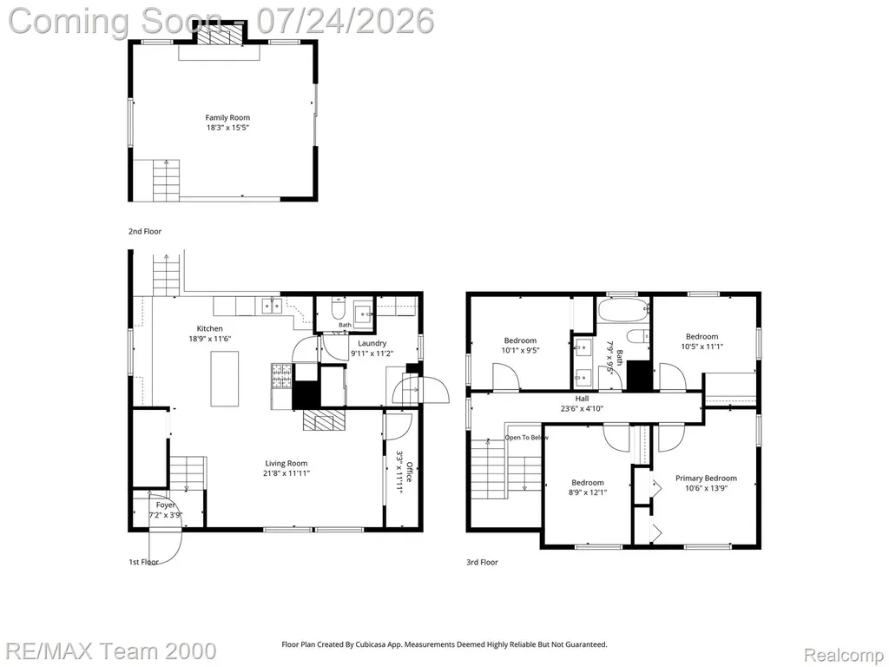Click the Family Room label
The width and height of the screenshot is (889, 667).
click(x=227, y=117)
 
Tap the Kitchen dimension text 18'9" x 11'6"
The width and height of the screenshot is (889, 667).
click(x=210, y=339)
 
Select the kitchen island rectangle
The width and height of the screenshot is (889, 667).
click(x=225, y=379)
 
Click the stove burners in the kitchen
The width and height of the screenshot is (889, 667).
click(x=280, y=375)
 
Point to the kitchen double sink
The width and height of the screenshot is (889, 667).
click(x=272, y=307)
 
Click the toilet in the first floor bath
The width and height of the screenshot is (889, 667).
click(x=338, y=308)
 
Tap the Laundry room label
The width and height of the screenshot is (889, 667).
click(x=372, y=343)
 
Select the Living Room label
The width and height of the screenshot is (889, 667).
click(x=286, y=464)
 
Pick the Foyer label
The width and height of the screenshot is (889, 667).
click(x=166, y=505)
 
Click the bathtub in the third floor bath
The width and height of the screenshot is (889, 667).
click(x=622, y=310)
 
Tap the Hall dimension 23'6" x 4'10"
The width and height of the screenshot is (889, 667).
click(x=582, y=408)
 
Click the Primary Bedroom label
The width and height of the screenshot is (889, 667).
click(x=706, y=479)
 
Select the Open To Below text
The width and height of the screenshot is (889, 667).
click(x=527, y=438)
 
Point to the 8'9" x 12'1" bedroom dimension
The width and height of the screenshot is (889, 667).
click(x=588, y=492)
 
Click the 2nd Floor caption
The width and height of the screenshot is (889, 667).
click(x=145, y=231)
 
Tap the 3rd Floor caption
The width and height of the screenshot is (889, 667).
click(x=482, y=562)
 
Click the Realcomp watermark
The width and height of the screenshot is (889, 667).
click(x=843, y=655)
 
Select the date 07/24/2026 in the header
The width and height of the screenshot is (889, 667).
click(x=346, y=21)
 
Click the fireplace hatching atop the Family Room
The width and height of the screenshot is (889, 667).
click(x=219, y=36)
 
